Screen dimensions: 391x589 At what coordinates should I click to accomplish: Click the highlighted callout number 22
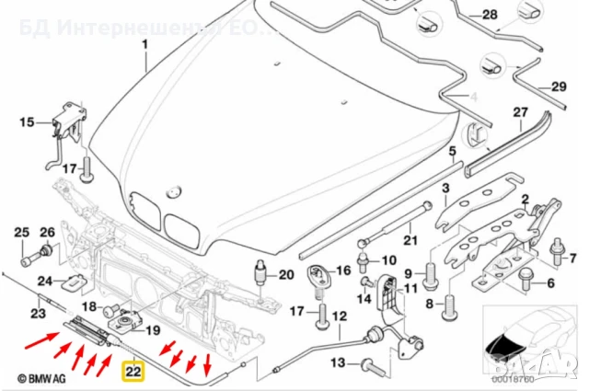133,372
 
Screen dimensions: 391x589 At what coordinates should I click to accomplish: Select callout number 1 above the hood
144,44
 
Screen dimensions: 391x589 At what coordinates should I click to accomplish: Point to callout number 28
488,16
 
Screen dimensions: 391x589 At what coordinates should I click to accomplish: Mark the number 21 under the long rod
410,241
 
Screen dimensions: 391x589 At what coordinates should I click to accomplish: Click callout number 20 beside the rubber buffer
285,273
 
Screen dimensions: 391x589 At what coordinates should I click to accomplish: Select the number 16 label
343,270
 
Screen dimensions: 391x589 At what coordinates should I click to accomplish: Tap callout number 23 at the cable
39,314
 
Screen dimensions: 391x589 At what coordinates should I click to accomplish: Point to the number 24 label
44,282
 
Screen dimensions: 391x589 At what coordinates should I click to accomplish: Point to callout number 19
153,329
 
